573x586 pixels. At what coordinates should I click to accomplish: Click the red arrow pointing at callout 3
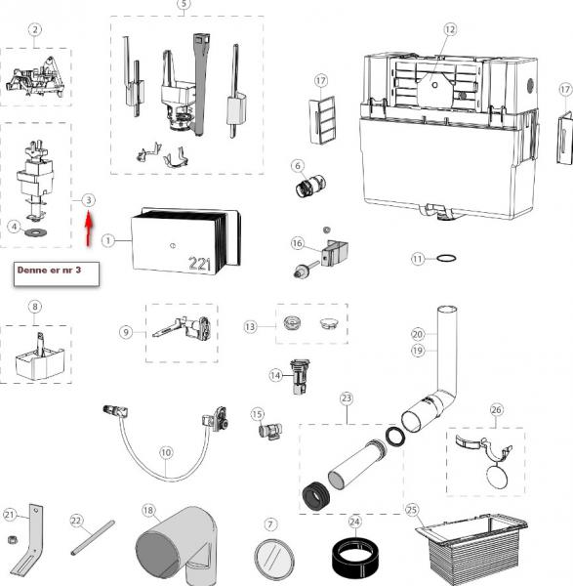point(89,229)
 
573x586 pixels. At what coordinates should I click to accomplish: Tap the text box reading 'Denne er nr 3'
point(57,273)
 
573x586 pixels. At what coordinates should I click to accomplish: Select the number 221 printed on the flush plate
point(199,264)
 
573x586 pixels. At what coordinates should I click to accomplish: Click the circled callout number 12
point(450,29)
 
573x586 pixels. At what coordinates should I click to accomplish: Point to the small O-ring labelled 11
point(446,258)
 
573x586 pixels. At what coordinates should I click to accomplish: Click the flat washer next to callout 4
point(36,232)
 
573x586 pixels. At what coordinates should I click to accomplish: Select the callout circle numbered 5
point(184,4)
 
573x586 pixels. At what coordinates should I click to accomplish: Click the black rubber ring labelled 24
point(355,558)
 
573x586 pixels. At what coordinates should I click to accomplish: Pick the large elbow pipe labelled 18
point(177,546)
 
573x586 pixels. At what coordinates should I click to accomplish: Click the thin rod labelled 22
point(93,537)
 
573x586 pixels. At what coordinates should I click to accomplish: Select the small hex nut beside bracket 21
point(12,539)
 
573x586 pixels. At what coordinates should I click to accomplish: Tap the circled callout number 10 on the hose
point(166,452)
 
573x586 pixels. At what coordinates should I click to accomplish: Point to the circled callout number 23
point(347,398)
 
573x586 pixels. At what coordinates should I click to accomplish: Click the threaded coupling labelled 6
point(310,186)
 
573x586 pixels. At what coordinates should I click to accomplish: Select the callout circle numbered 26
point(496,410)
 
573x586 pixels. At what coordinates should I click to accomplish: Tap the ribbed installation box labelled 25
point(471,548)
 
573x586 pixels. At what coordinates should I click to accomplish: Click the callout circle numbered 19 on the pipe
point(418,351)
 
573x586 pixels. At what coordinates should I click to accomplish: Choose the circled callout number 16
point(298,243)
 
